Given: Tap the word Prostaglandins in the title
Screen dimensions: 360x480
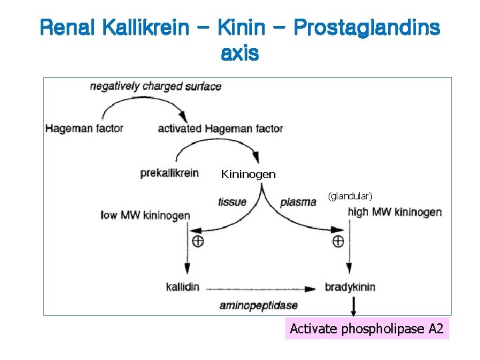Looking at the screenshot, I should [x=366, y=28].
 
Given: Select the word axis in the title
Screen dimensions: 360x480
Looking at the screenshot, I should [x=239, y=53].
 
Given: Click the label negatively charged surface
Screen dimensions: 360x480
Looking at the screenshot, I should [x=155, y=86].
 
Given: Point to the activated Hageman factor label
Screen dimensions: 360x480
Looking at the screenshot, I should [x=220, y=129].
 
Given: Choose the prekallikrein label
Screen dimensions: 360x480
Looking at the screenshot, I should [x=169, y=173].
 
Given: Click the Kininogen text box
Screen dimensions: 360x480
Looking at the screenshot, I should [x=248, y=175].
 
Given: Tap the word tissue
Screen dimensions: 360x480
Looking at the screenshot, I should [x=232, y=202].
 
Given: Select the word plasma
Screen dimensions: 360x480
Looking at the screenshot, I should [x=298, y=202].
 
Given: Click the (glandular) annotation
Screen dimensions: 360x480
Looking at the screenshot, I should [x=350, y=196].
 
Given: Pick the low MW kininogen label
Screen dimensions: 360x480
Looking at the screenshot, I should [x=145, y=215].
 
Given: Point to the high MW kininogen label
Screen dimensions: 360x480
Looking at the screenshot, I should [x=395, y=212].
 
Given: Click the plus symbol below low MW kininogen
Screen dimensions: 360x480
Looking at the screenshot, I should [x=197, y=241].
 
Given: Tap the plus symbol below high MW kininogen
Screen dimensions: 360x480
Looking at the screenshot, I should [x=338, y=241].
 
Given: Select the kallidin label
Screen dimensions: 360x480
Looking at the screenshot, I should [x=183, y=287].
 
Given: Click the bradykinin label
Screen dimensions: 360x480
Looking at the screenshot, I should [x=350, y=287].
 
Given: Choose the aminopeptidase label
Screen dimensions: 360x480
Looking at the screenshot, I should [x=259, y=306].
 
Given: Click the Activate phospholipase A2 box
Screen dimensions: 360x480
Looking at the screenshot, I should [x=367, y=329].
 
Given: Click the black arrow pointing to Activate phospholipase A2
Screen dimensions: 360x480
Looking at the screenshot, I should [x=353, y=307].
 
